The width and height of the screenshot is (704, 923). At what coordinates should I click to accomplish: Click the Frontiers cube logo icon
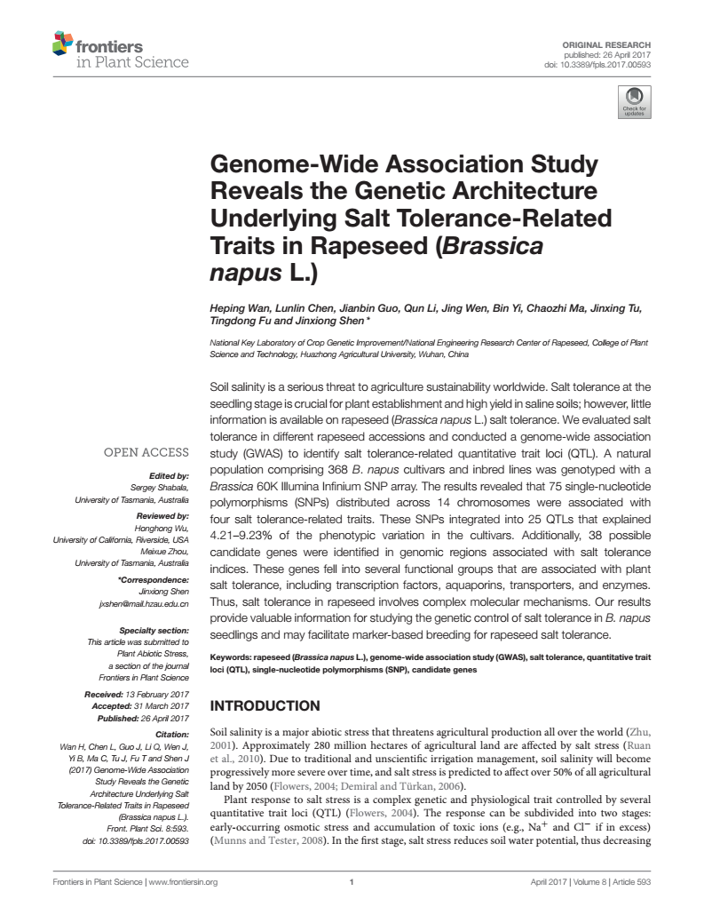(62, 41)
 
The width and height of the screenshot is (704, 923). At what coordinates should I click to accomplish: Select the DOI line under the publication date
(600, 64)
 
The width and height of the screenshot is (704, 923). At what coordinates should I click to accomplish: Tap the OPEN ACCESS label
(146, 452)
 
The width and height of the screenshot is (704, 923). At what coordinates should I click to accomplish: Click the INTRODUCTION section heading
(264, 706)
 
